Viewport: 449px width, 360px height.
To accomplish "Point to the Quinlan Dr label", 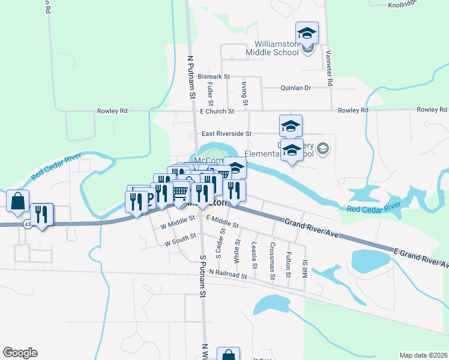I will pyautogui.click(x=296, y=88).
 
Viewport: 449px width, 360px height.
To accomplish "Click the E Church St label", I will pyautogui.click(x=217, y=111).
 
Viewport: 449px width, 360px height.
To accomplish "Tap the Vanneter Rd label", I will pyautogui.click(x=329, y=66).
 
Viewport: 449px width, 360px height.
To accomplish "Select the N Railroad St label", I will pyautogui.click(x=228, y=275).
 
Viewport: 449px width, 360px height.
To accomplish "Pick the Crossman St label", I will pyautogui.click(x=273, y=255).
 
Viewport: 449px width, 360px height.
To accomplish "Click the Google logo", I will pyautogui.click(x=20, y=353).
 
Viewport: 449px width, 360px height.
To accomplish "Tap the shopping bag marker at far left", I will pyautogui.click(x=18, y=202).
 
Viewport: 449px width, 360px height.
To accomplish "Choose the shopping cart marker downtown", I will pyautogui.click(x=181, y=192).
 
